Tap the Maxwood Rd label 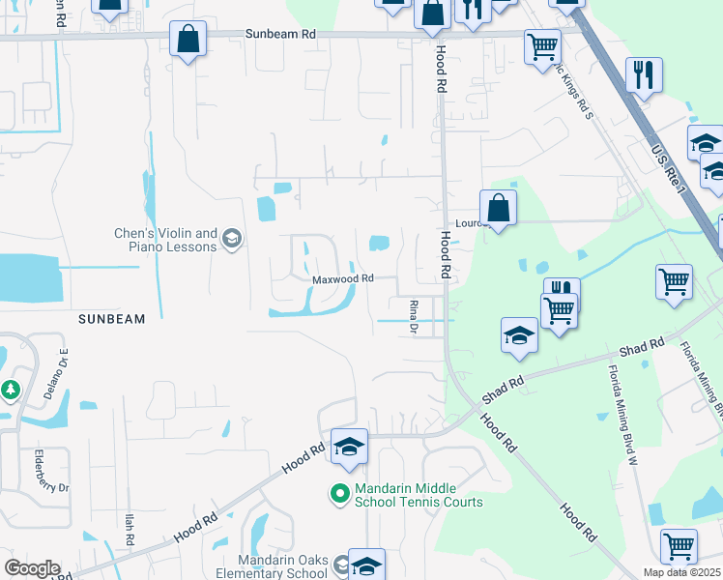(x=342, y=278)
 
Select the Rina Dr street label (x=413, y=316)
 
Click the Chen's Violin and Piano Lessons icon (x=231, y=239)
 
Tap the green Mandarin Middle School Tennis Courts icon (x=339, y=494)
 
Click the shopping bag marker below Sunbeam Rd (x=188, y=40)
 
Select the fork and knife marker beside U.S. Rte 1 (x=643, y=73)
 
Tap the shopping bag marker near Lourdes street (x=498, y=208)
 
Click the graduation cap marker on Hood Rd (x=349, y=447)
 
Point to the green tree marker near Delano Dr (x=10, y=390)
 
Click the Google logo (x=32, y=568)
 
